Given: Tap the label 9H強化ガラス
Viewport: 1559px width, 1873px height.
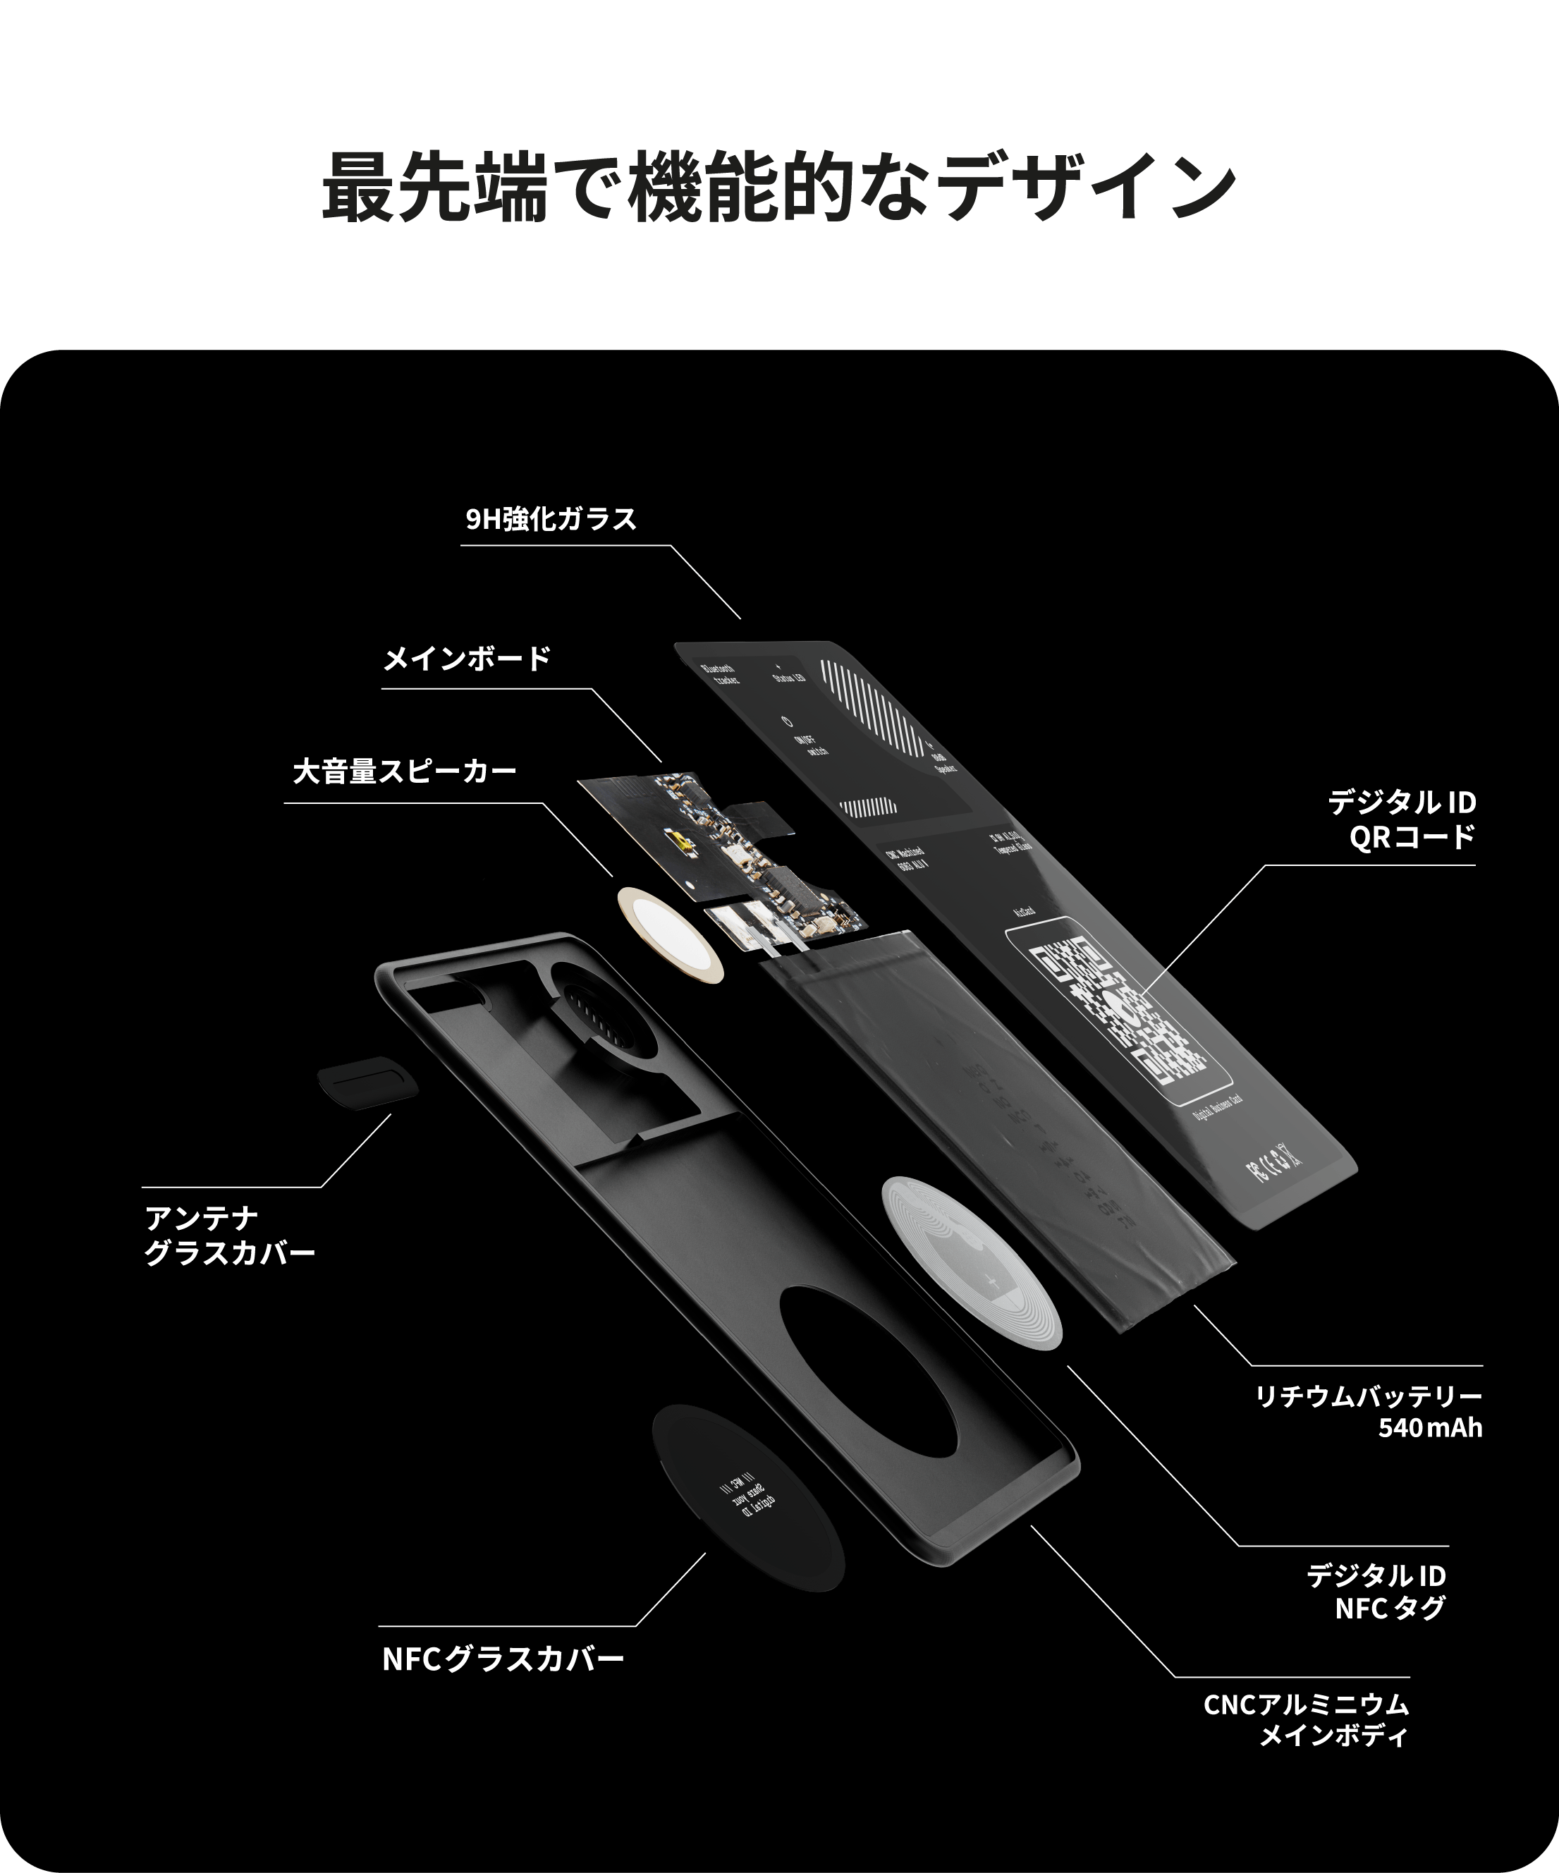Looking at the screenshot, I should [551, 519].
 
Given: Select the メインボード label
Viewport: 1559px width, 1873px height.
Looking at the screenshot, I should [467, 659].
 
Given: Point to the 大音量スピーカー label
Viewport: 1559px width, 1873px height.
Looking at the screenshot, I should [405, 771].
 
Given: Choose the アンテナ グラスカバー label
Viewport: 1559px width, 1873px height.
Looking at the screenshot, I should [229, 1236].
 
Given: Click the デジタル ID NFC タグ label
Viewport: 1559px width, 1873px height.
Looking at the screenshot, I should [1376, 1592].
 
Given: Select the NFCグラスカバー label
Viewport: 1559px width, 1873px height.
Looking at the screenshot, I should [503, 1660].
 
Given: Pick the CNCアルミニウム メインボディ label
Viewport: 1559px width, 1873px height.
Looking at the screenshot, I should [1306, 1721].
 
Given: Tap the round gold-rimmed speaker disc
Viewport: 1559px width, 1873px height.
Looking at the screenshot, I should [670, 934].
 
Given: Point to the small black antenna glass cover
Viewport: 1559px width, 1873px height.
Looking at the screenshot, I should [367, 1082].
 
